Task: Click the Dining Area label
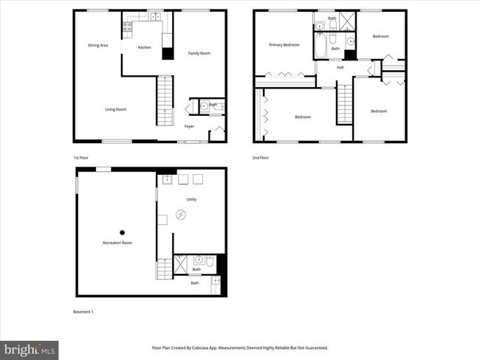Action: click(98, 46)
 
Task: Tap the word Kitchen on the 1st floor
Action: click(145, 47)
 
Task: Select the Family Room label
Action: click(199, 53)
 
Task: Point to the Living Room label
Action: click(115, 109)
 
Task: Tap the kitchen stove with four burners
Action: click(127, 30)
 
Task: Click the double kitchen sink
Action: click(155, 17)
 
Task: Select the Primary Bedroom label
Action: click(284, 45)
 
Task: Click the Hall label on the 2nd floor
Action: click(340, 68)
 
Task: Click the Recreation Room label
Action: click(117, 243)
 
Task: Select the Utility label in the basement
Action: click(191, 199)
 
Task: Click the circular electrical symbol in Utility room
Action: click(182, 215)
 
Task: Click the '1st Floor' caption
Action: click(80, 158)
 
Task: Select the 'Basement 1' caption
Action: click(83, 311)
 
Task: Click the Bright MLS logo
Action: click(30, 347)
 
